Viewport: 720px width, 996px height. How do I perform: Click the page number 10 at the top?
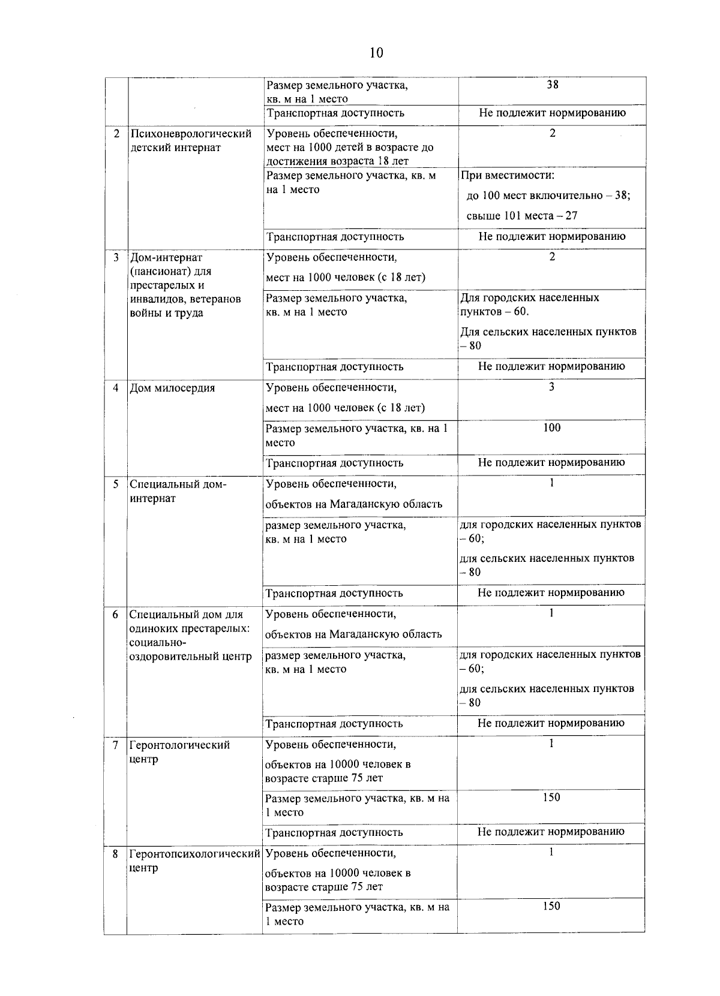pos(376,53)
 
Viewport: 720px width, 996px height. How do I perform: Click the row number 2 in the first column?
pos(116,133)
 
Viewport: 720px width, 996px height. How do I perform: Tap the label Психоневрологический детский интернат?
pos(191,140)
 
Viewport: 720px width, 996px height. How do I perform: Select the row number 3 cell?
pos(116,257)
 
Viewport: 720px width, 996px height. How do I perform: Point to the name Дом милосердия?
pos(172,388)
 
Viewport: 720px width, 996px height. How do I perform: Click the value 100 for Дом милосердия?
pos(551,428)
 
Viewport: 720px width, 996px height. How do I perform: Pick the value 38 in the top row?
pos(553,85)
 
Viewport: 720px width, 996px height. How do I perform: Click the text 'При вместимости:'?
pos(507,176)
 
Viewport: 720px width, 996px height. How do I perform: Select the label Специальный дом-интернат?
pos(178,491)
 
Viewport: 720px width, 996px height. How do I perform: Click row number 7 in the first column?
pos(115,745)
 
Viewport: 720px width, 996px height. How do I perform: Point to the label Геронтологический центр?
pos(179,752)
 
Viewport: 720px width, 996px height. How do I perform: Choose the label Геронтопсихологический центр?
pos(194,860)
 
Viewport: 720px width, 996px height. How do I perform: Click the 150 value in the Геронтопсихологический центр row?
pos(551,906)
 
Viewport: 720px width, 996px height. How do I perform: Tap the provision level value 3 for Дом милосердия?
pos(551,387)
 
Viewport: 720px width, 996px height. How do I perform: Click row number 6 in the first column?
pos(115,615)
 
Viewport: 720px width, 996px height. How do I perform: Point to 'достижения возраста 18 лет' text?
pos(337,161)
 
